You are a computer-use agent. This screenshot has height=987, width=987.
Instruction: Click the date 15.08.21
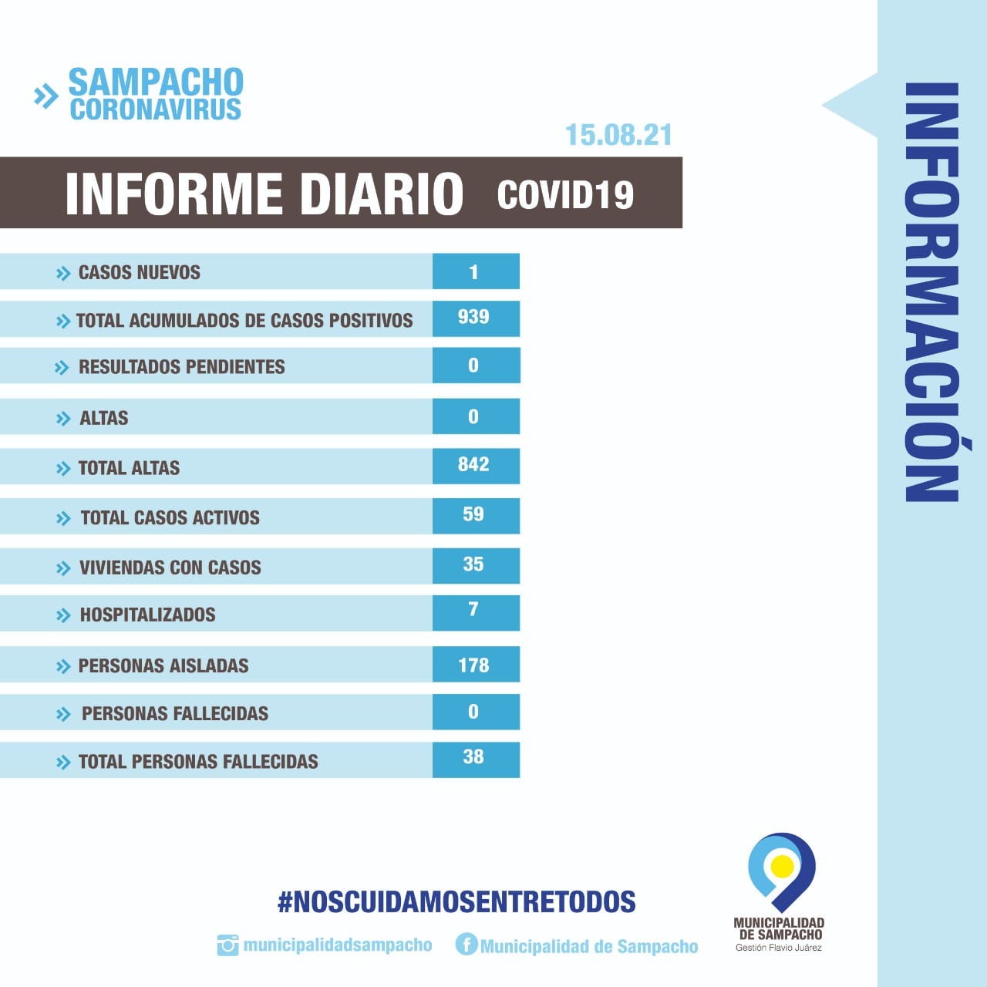[618, 135]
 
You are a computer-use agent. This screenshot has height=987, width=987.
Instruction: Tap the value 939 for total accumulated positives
[473, 317]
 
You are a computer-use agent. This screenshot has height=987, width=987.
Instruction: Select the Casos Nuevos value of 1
[473, 271]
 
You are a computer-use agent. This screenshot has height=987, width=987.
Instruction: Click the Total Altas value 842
[473, 464]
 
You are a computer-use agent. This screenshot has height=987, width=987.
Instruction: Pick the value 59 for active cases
[473, 514]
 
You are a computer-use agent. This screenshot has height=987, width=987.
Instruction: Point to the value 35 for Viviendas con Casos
[473, 564]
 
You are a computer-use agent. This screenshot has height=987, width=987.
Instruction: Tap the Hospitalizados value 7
[473, 609]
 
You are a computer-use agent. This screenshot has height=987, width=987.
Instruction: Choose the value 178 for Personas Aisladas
[473, 665]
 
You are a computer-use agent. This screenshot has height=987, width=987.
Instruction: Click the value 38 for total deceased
[473, 756]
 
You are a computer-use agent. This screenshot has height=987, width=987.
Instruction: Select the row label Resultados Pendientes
[182, 367]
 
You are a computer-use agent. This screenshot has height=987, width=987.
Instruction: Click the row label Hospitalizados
[148, 615]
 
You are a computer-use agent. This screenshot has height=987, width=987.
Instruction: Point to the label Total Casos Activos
[170, 517]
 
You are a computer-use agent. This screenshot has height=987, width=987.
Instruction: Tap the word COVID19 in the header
[565, 194]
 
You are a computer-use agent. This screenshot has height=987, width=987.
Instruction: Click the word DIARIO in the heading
[381, 194]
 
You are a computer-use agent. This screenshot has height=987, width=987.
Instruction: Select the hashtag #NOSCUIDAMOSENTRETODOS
[456, 901]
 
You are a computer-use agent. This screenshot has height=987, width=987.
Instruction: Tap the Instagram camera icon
[227, 945]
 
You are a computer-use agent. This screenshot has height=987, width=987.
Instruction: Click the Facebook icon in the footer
[467, 944]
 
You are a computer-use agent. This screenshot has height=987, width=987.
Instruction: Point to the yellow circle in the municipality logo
[783, 866]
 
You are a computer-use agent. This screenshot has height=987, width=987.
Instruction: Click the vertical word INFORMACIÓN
[931, 293]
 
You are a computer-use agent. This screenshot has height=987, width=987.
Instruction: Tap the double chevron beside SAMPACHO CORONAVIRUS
[46, 96]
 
